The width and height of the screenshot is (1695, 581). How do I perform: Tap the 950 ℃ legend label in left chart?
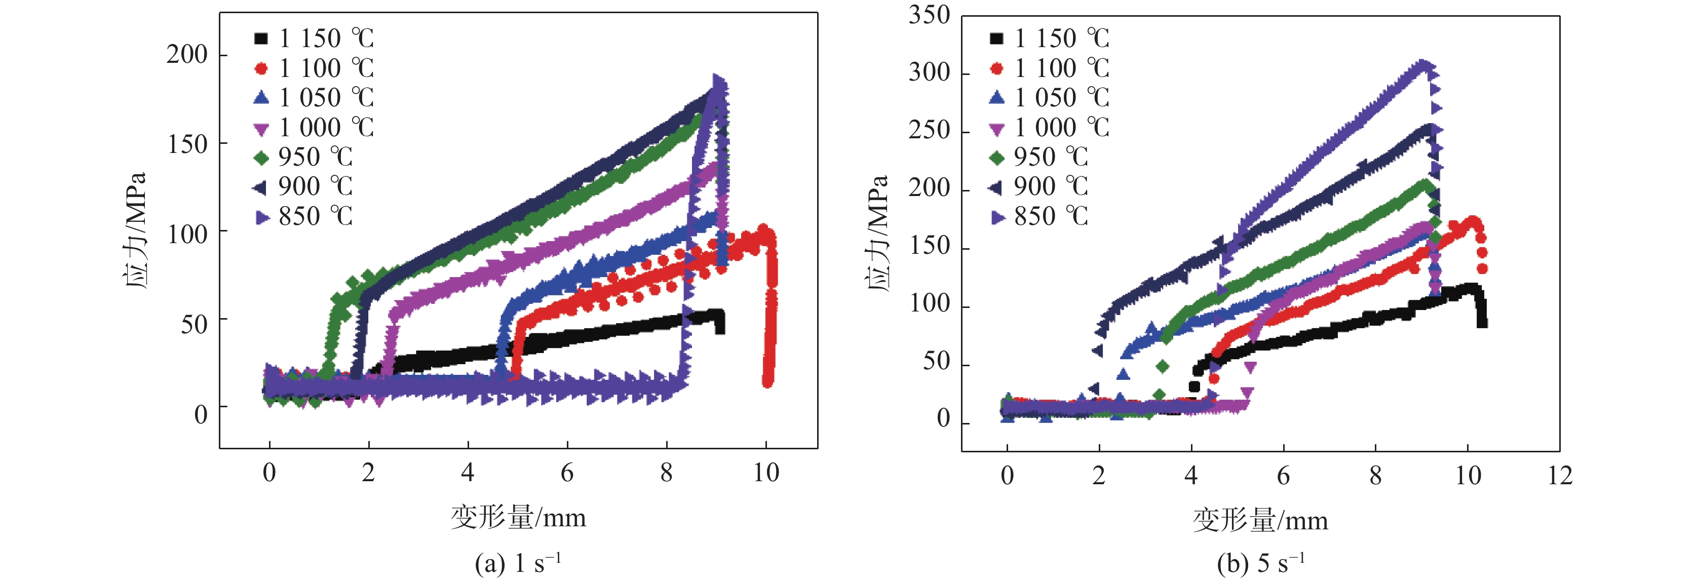[x=315, y=157]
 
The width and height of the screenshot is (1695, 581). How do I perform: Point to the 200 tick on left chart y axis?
[x=187, y=55]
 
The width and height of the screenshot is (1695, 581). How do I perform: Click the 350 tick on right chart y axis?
[x=929, y=15]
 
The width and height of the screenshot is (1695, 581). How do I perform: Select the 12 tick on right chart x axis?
[x=1559, y=475]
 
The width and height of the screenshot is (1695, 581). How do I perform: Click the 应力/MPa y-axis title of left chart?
[x=134, y=230]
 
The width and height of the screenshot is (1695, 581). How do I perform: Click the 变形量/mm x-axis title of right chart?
[x=1260, y=520]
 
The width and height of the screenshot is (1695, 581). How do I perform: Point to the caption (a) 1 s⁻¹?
[x=518, y=563]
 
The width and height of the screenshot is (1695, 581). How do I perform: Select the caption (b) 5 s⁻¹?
[x=1260, y=563]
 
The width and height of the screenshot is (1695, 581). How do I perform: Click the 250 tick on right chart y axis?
[x=929, y=131]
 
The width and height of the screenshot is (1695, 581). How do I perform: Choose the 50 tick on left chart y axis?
[x=194, y=324]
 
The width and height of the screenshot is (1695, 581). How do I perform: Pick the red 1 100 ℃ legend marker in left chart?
[x=261, y=68]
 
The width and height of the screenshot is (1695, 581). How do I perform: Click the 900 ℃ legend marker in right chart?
[x=996, y=187]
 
